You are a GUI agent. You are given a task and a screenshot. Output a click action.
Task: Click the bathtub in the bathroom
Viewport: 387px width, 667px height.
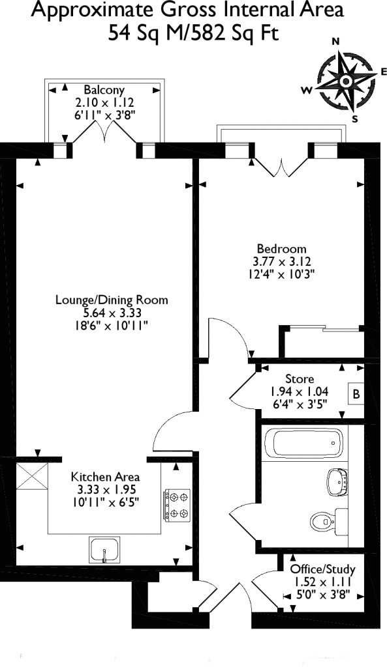[304, 442]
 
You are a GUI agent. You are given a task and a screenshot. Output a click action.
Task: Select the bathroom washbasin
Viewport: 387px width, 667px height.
[337, 481]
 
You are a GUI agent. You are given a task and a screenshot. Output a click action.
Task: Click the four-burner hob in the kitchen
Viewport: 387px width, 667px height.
[176, 505]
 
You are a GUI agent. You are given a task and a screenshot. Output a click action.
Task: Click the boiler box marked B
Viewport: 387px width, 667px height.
[356, 394]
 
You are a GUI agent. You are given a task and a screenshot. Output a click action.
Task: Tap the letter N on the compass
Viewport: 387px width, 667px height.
[336, 41]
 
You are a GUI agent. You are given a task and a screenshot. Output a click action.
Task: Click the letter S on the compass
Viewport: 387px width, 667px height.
[354, 119]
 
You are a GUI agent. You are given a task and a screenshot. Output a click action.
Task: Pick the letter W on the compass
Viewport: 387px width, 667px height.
[307, 90]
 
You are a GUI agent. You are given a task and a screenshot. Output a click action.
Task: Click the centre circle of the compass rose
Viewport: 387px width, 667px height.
[346, 80]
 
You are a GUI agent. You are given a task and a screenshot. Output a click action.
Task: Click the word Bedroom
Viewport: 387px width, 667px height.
[281, 248]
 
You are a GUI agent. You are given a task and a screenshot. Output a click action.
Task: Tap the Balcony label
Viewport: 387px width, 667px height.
[104, 90]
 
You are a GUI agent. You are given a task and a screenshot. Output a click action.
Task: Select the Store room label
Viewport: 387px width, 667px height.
[300, 378]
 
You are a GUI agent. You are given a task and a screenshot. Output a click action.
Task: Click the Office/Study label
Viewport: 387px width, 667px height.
[322, 569]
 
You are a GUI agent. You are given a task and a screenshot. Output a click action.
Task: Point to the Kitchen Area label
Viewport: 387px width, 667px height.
[105, 476]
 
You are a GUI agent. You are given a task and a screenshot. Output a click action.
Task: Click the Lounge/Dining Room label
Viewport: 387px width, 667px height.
[112, 300]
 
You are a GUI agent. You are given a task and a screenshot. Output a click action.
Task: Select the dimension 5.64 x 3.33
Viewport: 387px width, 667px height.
[112, 313]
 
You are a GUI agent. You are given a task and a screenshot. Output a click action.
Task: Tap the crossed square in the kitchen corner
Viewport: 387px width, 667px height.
[32, 476]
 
